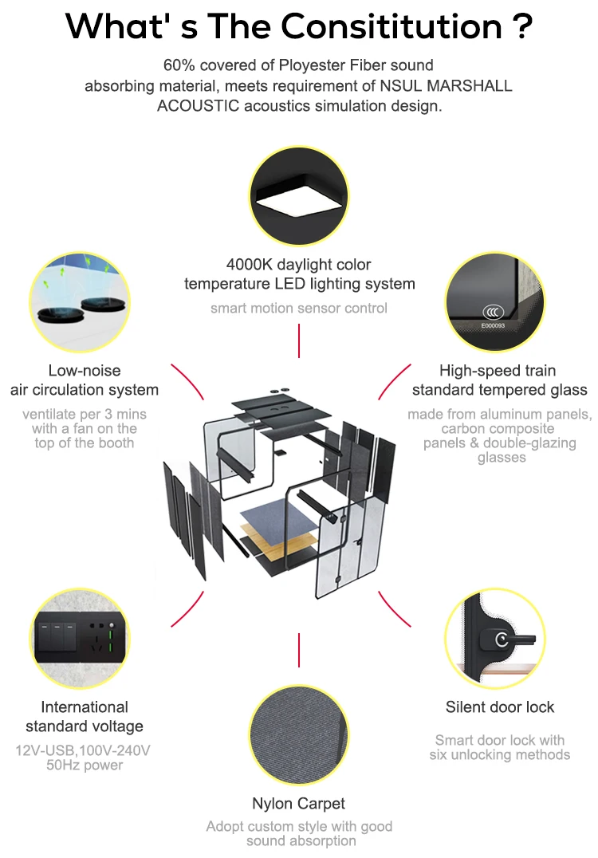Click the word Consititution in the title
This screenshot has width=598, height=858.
pyautogui.click(x=395, y=26)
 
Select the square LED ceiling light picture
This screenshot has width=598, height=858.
pyautogui.click(x=299, y=199)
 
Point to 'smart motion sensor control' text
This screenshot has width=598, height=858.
pyautogui.click(x=299, y=308)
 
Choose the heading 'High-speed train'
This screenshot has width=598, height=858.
pyautogui.click(x=498, y=370)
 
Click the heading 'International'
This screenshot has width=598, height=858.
pyautogui.click(x=85, y=706)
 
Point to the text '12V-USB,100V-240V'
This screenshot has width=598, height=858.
pyautogui.click(x=83, y=750)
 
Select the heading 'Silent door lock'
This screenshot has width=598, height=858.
pyautogui.click(x=500, y=706)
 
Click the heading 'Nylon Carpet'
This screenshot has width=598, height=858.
pyautogui.click(x=299, y=803)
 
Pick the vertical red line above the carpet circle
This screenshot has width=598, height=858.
pyautogui.click(x=299, y=650)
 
